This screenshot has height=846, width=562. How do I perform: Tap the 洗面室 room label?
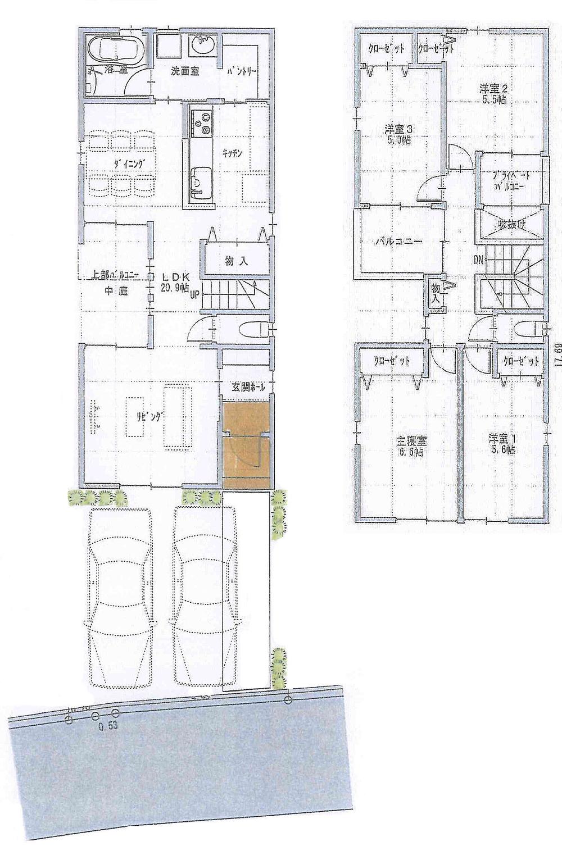tap(184, 72)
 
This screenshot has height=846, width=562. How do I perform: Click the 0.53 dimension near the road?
tap(107, 725)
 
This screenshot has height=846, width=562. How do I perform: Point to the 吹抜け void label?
tap(510, 228)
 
